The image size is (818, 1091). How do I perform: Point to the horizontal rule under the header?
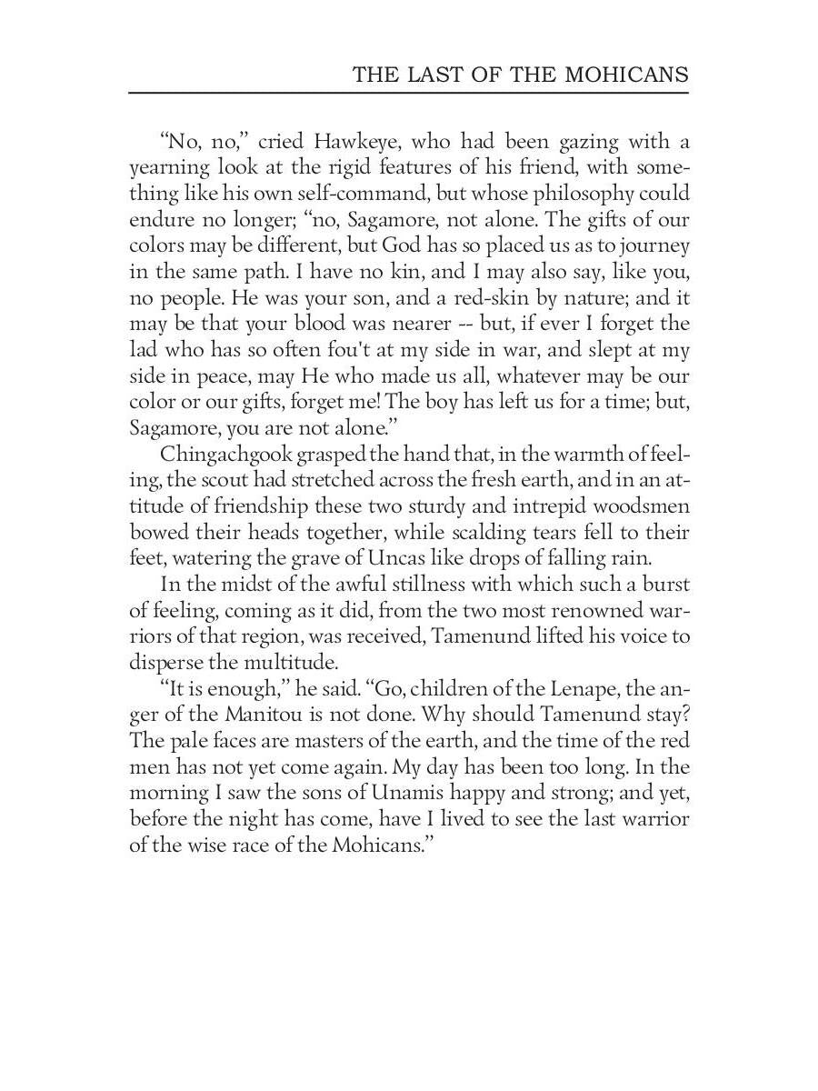[x=408, y=92]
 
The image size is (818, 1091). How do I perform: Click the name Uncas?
[x=424, y=558]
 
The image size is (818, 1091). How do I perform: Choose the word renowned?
[x=593, y=610]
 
